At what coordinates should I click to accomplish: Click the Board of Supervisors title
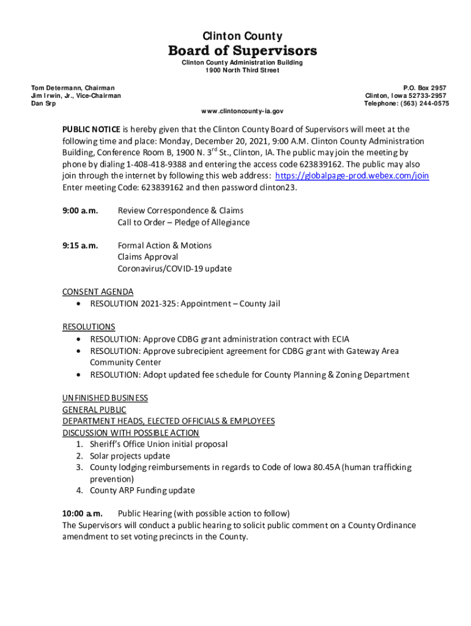pos(242,50)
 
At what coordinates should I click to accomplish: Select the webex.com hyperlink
pos(352,176)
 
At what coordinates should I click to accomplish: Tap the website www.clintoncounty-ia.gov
pos(242,112)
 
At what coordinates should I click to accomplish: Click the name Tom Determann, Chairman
pos(73,89)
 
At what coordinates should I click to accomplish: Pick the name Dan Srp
pos(43,104)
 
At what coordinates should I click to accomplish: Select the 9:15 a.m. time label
pos(80,246)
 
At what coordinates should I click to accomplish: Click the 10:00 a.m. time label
pos(83,514)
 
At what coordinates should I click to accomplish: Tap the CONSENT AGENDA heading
pos(98,292)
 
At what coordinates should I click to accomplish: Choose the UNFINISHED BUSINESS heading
pos(105,398)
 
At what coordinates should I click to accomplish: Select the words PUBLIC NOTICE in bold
pos(91,130)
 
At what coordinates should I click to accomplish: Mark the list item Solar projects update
pos(130,456)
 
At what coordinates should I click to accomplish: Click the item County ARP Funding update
pos(143,490)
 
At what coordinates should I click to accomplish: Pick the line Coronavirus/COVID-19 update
pos(175,269)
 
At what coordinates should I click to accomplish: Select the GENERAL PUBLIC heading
pos(94,410)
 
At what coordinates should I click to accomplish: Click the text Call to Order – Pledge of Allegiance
pos(184,223)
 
